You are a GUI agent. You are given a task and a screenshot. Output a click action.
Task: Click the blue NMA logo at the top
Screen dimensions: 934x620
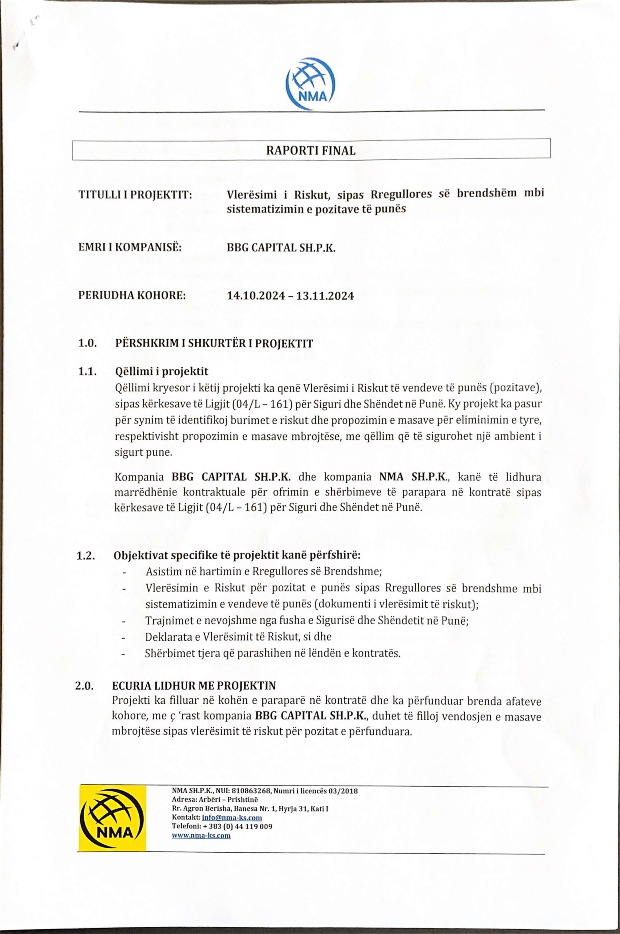tap(311, 83)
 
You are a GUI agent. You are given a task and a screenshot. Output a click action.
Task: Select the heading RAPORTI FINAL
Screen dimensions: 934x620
tap(311, 151)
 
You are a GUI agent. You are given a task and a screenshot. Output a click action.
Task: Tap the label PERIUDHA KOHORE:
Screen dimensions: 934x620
tap(132, 295)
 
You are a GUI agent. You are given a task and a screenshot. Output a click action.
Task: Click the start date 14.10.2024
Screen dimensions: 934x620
tap(255, 296)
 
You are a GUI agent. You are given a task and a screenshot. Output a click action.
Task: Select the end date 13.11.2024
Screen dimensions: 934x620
tap(326, 296)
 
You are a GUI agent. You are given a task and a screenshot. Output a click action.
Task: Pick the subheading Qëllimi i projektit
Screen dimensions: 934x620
tap(161, 371)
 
